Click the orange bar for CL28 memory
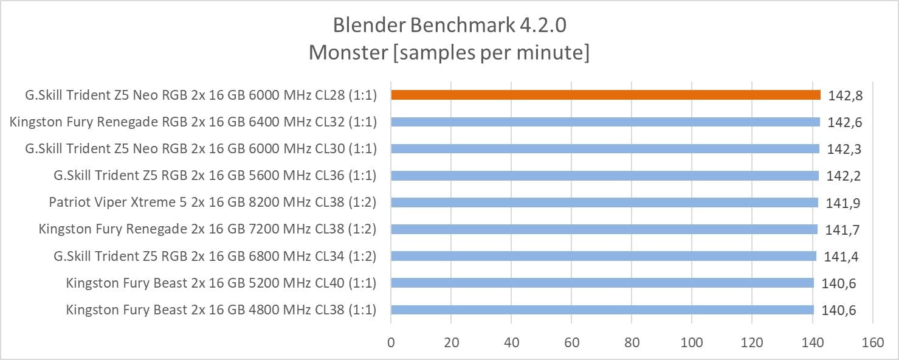click(x=605, y=95)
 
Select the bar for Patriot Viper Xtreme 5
click(x=604, y=202)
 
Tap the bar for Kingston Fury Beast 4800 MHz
click(x=602, y=310)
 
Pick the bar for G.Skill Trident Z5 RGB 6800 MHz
click(x=604, y=256)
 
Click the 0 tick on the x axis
click(x=391, y=342)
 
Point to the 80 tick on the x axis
click(x=632, y=342)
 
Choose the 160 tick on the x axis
click(x=872, y=342)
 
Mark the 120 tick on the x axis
click(x=752, y=342)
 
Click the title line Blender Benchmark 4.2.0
click(x=449, y=26)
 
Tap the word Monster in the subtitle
click(x=348, y=53)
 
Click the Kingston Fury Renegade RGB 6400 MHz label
click(x=193, y=122)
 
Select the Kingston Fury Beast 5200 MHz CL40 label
click(x=221, y=283)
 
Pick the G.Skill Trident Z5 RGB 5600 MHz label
click(x=215, y=176)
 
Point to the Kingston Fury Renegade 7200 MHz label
click(x=207, y=229)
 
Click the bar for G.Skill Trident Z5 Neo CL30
click(x=605, y=148)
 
